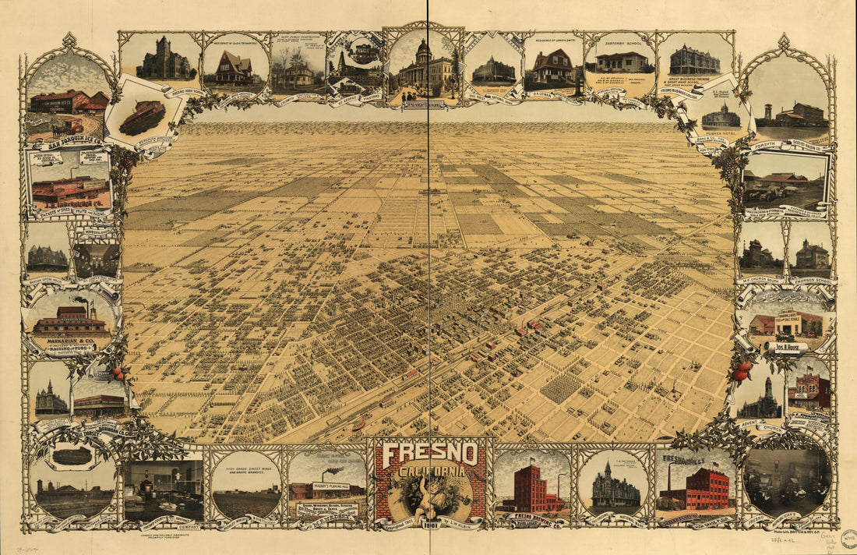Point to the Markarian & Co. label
[x=70, y=341]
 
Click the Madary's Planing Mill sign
[x=332, y=486]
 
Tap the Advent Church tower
[x=767, y=390]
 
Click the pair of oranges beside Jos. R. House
[x=740, y=373]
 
